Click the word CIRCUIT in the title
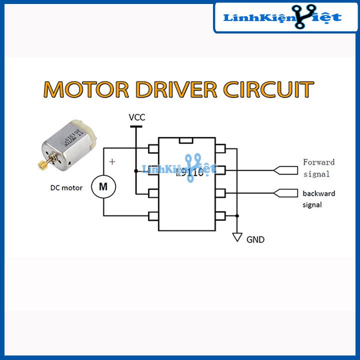(x=268, y=89)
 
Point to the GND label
(x=255, y=239)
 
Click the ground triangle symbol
(x=237, y=237)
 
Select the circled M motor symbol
(x=103, y=187)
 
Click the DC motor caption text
(x=66, y=188)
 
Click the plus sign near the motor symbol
(x=112, y=161)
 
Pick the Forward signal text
(x=318, y=168)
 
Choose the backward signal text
(x=318, y=198)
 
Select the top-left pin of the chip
(x=153, y=148)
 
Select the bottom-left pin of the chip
(x=153, y=216)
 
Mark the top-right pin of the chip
(x=221, y=148)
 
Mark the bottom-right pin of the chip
(x=221, y=216)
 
